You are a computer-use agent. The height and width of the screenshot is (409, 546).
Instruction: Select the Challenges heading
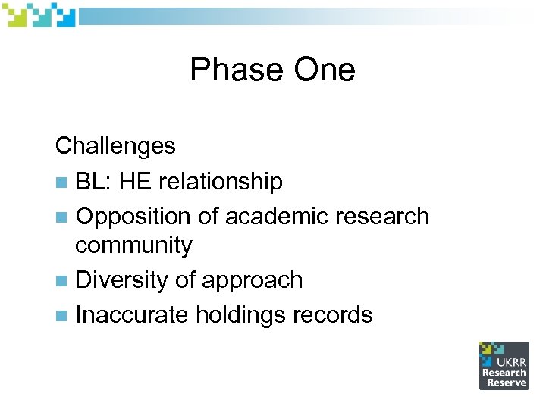click(115, 145)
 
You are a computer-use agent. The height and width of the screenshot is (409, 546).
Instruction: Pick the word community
click(134, 245)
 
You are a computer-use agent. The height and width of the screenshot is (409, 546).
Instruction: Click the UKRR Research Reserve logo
click(504, 365)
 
